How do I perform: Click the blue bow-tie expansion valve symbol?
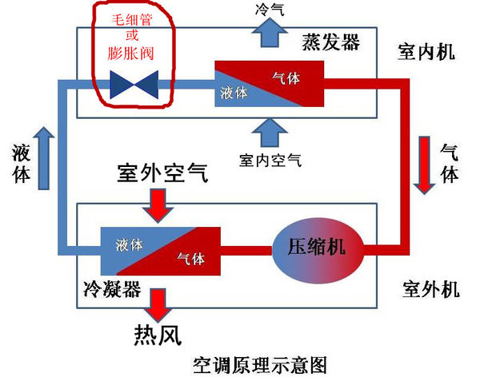134,82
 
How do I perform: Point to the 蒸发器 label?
332,42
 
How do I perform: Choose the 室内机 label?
426,53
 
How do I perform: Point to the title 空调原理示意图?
261,366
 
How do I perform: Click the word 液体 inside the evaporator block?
234,93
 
